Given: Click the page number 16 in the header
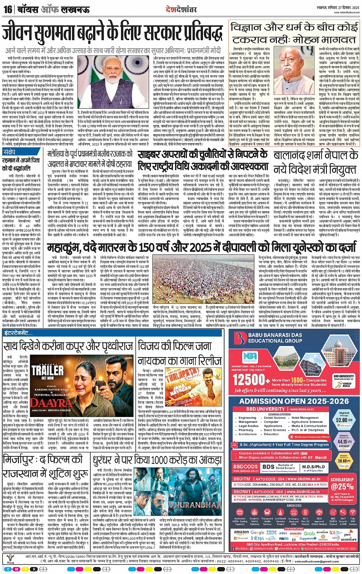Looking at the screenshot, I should point(8,9).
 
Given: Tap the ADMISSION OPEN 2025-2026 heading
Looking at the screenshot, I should point(294,401).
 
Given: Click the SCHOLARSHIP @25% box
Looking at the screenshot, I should point(342,484).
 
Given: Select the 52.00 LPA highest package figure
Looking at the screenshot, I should point(344,419).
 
